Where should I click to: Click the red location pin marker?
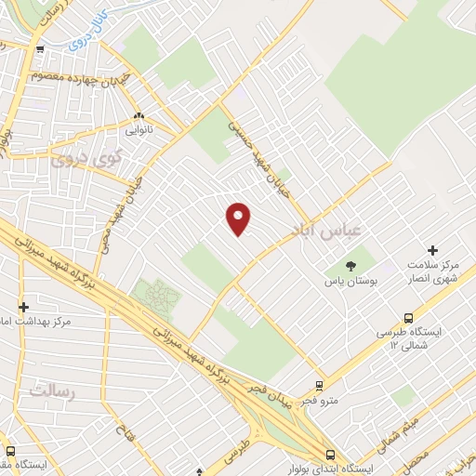(x=239, y=218)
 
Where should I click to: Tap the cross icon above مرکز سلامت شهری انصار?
(x=432, y=250)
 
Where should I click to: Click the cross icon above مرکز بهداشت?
(x=24, y=306)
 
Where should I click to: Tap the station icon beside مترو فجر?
(x=319, y=385)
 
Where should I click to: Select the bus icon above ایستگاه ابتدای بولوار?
(x=331, y=454)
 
